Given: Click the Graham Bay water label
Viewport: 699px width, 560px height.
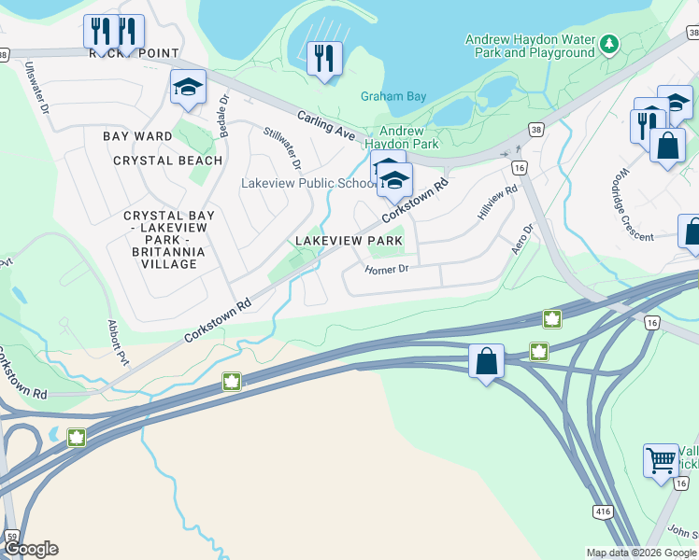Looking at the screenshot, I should (x=393, y=96).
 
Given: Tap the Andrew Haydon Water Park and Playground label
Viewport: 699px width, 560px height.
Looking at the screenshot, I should (x=530, y=47).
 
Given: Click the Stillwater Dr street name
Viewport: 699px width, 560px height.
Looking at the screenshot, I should (x=282, y=148).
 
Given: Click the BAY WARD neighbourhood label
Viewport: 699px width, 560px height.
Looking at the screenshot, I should (x=137, y=136).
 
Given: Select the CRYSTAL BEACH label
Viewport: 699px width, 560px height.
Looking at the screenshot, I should (x=168, y=161).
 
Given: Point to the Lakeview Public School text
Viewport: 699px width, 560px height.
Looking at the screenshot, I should (x=307, y=183).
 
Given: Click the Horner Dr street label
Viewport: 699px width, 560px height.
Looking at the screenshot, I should (x=387, y=269).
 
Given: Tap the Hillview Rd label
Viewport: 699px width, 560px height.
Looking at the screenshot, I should (x=497, y=203).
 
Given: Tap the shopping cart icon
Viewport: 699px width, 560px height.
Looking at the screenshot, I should (x=661, y=459).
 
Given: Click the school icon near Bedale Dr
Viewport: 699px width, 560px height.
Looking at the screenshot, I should (x=188, y=88).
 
